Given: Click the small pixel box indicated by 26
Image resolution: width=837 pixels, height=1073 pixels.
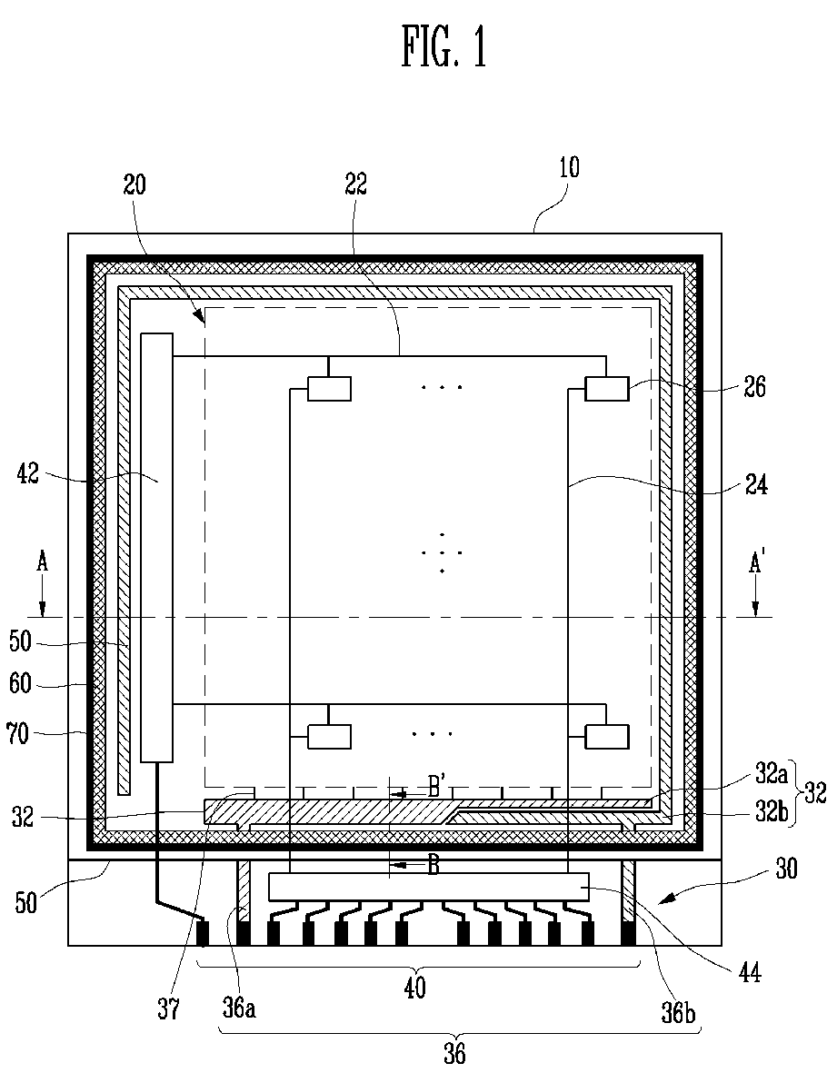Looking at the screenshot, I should [x=606, y=389].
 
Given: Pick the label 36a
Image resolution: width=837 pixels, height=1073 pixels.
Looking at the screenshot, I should [x=239, y=1008].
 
